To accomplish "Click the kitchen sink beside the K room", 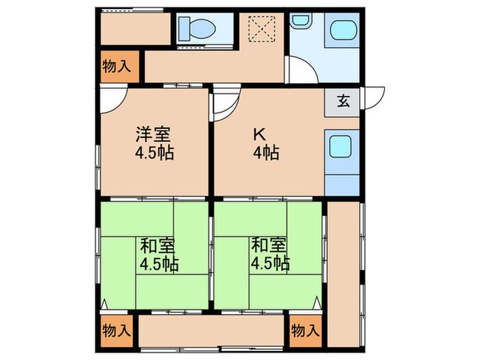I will pos(341,146).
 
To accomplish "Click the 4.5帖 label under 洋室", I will pos(154,152).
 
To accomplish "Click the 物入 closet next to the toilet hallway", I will pos(117,67).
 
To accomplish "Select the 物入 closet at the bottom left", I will pos(116,330).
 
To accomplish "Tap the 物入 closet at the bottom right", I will pos(305,330).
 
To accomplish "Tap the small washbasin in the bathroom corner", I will pos(300,21).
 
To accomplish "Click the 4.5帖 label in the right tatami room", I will pos(269,263).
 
